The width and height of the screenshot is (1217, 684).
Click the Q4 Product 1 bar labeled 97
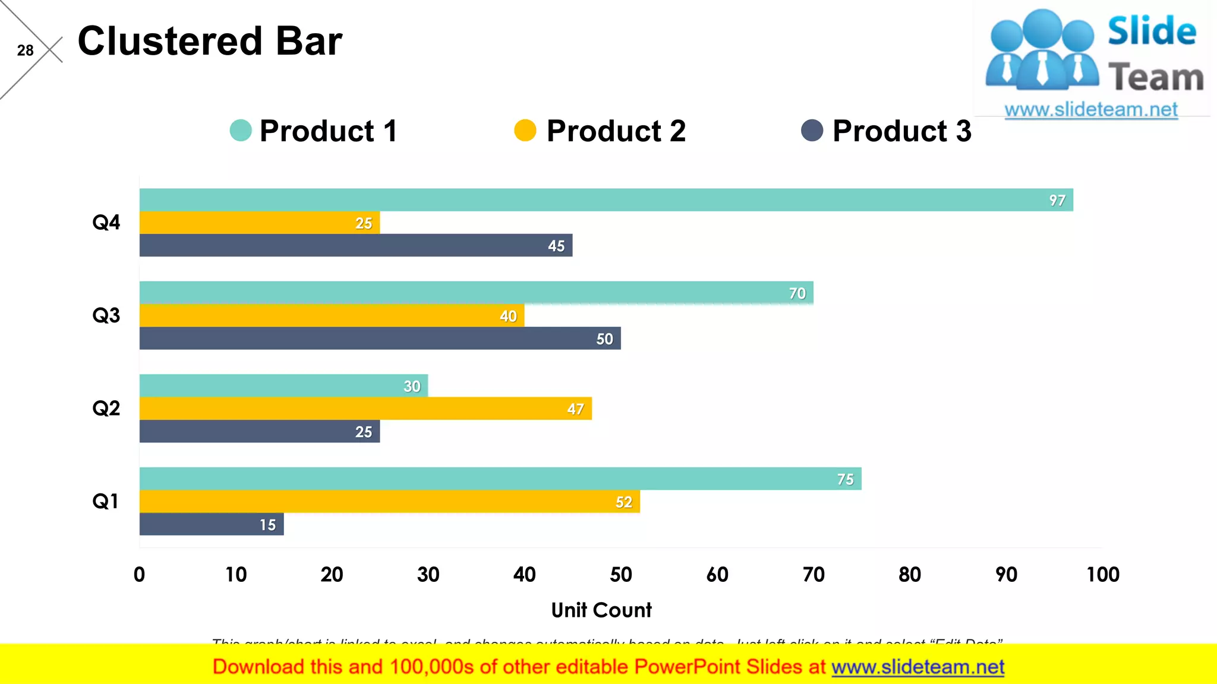tap(606, 200)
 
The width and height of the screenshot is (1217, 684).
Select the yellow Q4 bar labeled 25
tap(259, 223)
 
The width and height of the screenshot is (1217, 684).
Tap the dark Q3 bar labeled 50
tap(380, 338)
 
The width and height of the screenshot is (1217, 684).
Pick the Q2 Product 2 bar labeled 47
tap(365, 408)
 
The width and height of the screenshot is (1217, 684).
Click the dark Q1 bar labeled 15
tap(211, 524)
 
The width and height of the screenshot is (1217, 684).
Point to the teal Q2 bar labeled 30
tap(283, 386)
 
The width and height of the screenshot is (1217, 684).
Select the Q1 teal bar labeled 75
tap(500, 479)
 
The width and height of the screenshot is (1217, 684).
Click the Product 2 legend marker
tap(525, 131)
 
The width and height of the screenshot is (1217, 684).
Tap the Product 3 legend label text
tap(901, 131)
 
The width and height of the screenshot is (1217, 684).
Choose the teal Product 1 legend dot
tap(241, 131)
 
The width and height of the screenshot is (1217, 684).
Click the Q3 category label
tap(106, 315)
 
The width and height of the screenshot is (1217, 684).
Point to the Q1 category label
tap(106, 501)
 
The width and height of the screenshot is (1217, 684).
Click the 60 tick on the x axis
tap(717, 574)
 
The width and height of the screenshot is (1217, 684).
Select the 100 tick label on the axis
tap(1103, 574)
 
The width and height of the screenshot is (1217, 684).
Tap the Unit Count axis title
tap(601, 610)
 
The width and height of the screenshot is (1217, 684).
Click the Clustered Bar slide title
tap(210, 42)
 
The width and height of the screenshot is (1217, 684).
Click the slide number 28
tap(25, 50)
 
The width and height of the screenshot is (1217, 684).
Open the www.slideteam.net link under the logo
tap(1091, 110)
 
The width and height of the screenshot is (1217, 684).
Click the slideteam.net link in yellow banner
tap(918, 667)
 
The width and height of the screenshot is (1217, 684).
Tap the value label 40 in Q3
tap(508, 316)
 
